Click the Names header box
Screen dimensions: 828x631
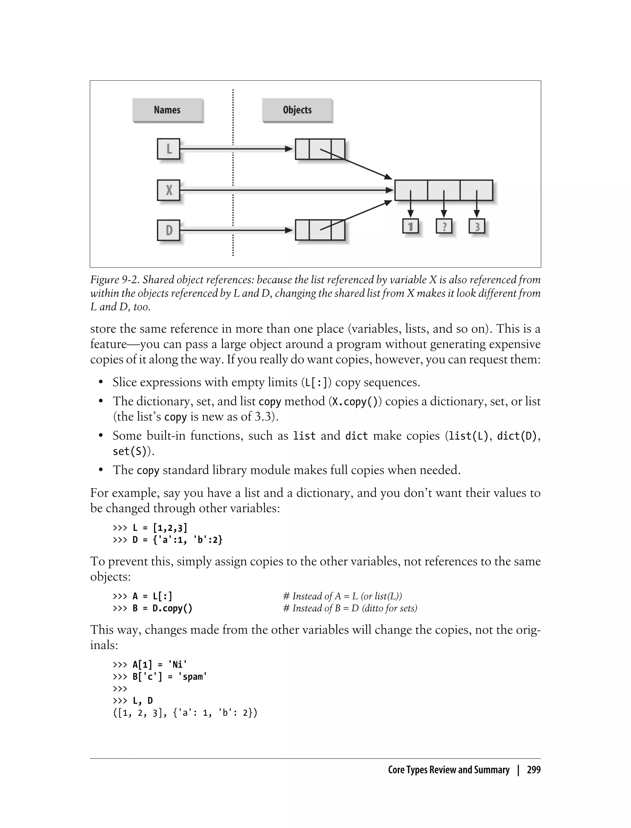(168, 110)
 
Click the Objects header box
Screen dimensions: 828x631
(297, 110)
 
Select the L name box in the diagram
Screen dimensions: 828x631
(169, 149)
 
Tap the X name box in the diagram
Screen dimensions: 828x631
(169, 190)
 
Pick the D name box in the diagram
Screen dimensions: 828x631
(169, 230)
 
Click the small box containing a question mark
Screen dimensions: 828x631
(444, 226)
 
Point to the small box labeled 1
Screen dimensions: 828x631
(410, 226)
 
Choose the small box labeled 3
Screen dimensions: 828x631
(477, 226)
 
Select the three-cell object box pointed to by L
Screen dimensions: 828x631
(320, 149)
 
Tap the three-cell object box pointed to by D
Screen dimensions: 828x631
(320, 230)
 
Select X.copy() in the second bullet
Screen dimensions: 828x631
(355, 402)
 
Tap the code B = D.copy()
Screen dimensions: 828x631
(162, 608)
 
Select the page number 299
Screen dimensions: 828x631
(533, 770)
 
